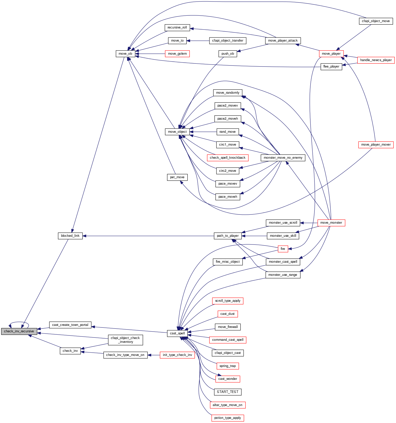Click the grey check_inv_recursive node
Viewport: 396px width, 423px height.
tap(19, 331)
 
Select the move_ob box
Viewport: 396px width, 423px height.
tap(125, 54)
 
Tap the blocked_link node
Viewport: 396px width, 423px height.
tap(70, 236)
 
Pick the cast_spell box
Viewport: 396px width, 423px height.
tap(177, 333)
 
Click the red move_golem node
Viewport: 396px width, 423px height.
tap(177, 54)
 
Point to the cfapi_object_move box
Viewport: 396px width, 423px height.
tap(376, 21)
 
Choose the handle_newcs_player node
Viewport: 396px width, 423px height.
tap(376, 60)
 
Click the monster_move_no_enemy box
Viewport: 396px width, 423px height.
tap(283, 158)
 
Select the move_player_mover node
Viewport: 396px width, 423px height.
tap(376, 145)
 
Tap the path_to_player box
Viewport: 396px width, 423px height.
tap(228, 236)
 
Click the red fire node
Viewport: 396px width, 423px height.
tap(283, 249)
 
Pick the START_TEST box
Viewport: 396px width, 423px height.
tap(228, 392)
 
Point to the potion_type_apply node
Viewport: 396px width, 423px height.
tap(228, 418)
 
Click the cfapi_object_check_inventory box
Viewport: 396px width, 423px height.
tap(125, 340)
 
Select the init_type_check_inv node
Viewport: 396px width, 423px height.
tap(177, 355)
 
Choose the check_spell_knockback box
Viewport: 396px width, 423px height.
tap(228, 158)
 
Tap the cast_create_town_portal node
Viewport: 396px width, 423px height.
tap(70, 325)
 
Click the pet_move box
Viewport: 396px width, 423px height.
tap(177, 177)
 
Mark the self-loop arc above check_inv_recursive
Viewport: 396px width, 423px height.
tap(19, 322)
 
